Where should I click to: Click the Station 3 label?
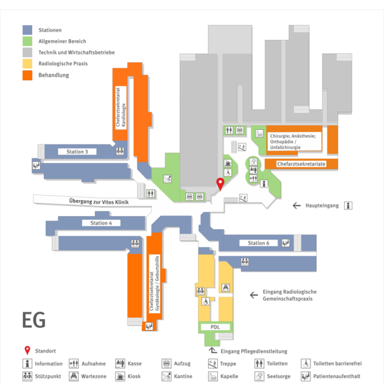[x=77, y=152]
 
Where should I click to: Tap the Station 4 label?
[x=101, y=223]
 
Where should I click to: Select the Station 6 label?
[x=259, y=243]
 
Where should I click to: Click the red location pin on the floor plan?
[x=220, y=184]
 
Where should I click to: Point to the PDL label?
[x=215, y=327]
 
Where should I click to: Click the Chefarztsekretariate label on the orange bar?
[x=301, y=164]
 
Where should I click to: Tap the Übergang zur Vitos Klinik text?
[x=98, y=202]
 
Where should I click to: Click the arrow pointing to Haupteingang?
[x=297, y=205]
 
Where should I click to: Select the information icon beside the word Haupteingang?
[x=348, y=205]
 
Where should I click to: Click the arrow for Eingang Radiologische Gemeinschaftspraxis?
[x=254, y=295]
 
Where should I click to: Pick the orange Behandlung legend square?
[x=28, y=75]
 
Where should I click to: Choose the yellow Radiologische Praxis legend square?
[x=28, y=64]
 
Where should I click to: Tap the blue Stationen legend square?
[x=28, y=30]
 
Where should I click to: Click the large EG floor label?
[x=33, y=320]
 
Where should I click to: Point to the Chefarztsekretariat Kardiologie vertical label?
[x=121, y=108]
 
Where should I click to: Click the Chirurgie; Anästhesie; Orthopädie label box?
[x=294, y=142]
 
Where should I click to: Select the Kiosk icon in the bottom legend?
[x=120, y=376]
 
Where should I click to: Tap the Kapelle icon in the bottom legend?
[x=213, y=376]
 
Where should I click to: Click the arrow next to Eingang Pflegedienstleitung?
[x=213, y=351]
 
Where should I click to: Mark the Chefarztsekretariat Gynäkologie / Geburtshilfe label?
[x=155, y=284]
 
